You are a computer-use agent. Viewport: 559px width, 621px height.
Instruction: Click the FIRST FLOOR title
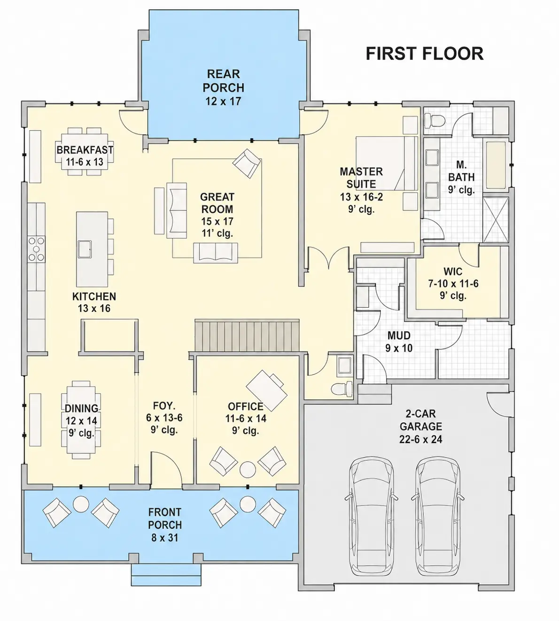[425, 54]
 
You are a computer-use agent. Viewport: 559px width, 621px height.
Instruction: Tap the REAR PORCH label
[223, 81]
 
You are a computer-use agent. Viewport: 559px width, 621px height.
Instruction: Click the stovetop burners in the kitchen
[36, 249]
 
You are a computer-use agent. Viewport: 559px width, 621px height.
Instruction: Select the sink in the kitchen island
[85, 249]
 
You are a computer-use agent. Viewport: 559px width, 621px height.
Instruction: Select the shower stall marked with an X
[496, 220]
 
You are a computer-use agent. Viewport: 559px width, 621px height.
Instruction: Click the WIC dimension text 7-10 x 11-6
[453, 284]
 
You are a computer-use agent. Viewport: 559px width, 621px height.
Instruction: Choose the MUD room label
[399, 335]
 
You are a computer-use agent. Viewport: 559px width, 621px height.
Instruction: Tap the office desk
[267, 391]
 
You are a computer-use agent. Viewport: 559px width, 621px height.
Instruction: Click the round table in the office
[248, 470]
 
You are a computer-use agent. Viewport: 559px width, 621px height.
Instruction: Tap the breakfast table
[85, 151]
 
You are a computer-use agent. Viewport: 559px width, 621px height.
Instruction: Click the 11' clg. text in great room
[217, 233]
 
